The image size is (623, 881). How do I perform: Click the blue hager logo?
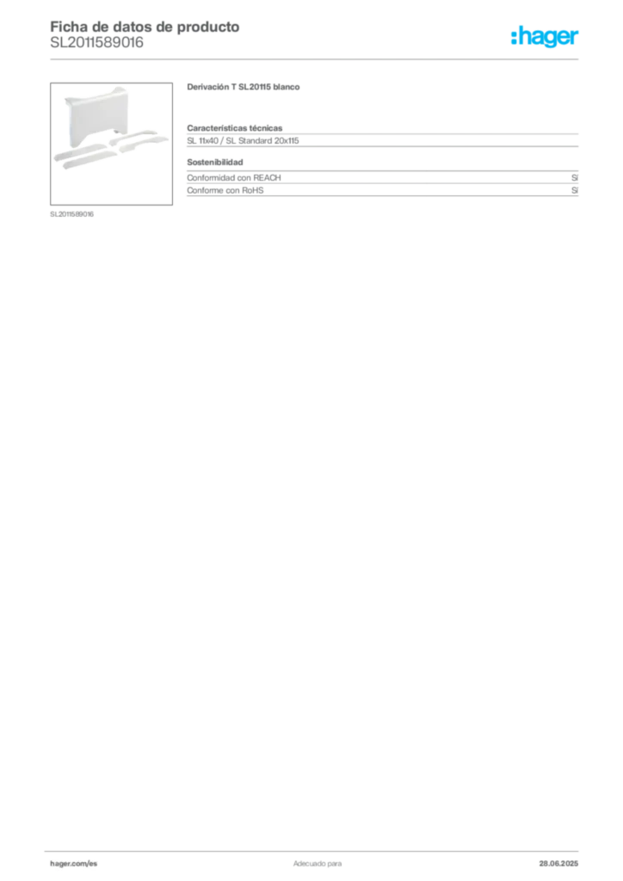(546, 38)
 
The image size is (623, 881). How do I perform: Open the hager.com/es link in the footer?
(75, 863)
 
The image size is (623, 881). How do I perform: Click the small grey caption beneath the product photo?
(71, 213)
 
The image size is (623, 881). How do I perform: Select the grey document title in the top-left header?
(143, 25)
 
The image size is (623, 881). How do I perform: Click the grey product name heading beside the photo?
(244, 89)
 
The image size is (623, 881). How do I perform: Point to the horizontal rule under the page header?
(317, 59)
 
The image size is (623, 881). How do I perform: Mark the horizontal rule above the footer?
(317, 848)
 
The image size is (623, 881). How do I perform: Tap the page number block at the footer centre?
(316, 860)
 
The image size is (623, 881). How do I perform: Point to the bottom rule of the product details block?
(382, 197)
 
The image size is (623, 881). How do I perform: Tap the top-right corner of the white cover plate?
(127, 86)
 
